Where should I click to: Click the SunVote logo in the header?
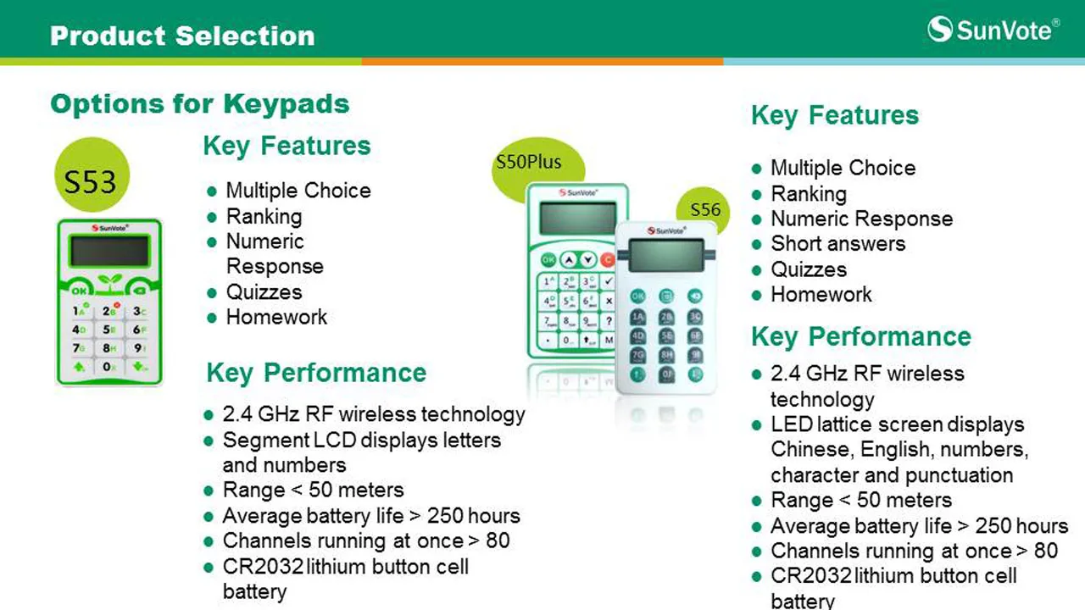[x=993, y=30]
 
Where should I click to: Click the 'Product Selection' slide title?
[x=182, y=36]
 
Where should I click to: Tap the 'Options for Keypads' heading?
[x=199, y=103]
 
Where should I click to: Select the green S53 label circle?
[x=92, y=175]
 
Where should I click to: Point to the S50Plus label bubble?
[x=537, y=164]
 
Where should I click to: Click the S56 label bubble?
[x=704, y=209]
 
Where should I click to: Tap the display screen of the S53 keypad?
[x=109, y=251]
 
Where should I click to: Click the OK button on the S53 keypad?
[x=79, y=291]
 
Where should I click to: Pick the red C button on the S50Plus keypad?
[x=608, y=260]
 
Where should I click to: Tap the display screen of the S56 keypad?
[x=666, y=255]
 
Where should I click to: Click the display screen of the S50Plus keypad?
[x=577, y=218]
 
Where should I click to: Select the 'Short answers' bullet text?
[x=838, y=243]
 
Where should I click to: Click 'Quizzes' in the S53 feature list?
[x=264, y=292]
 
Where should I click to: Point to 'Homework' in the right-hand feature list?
[x=821, y=294]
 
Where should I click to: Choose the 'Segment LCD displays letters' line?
[x=362, y=440]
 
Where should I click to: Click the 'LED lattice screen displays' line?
[x=898, y=424]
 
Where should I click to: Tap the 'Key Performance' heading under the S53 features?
[x=316, y=373]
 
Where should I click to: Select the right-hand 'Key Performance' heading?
[x=861, y=336]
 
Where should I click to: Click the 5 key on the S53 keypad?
[x=109, y=330]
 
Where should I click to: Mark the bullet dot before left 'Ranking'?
[x=212, y=218]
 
